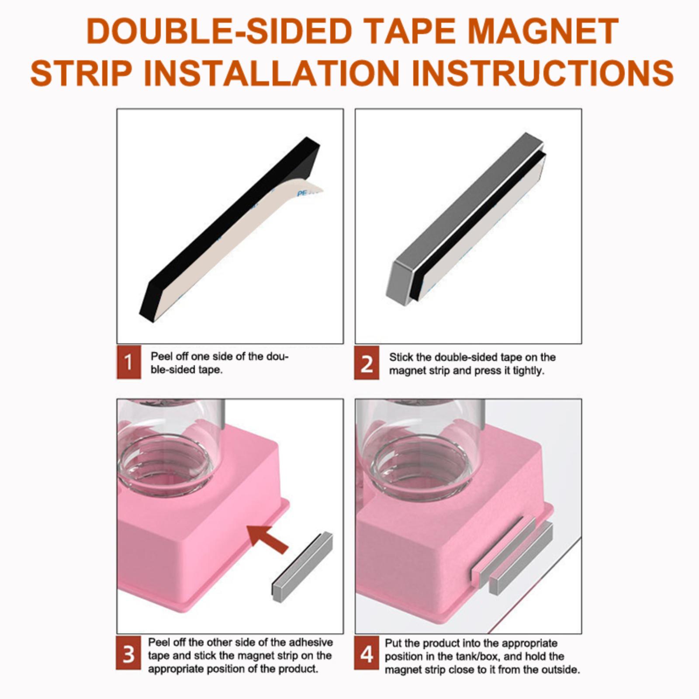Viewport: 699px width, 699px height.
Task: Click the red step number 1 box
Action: click(x=128, y=362)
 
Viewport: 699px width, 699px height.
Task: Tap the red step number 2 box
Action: click(x=367, y=363)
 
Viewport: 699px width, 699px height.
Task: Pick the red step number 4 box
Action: click(x=367, y=654)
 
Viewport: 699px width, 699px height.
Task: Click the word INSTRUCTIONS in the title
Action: click(x=542, y=72)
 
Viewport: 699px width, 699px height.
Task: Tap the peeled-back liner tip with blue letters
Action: click(x=311, y=190)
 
